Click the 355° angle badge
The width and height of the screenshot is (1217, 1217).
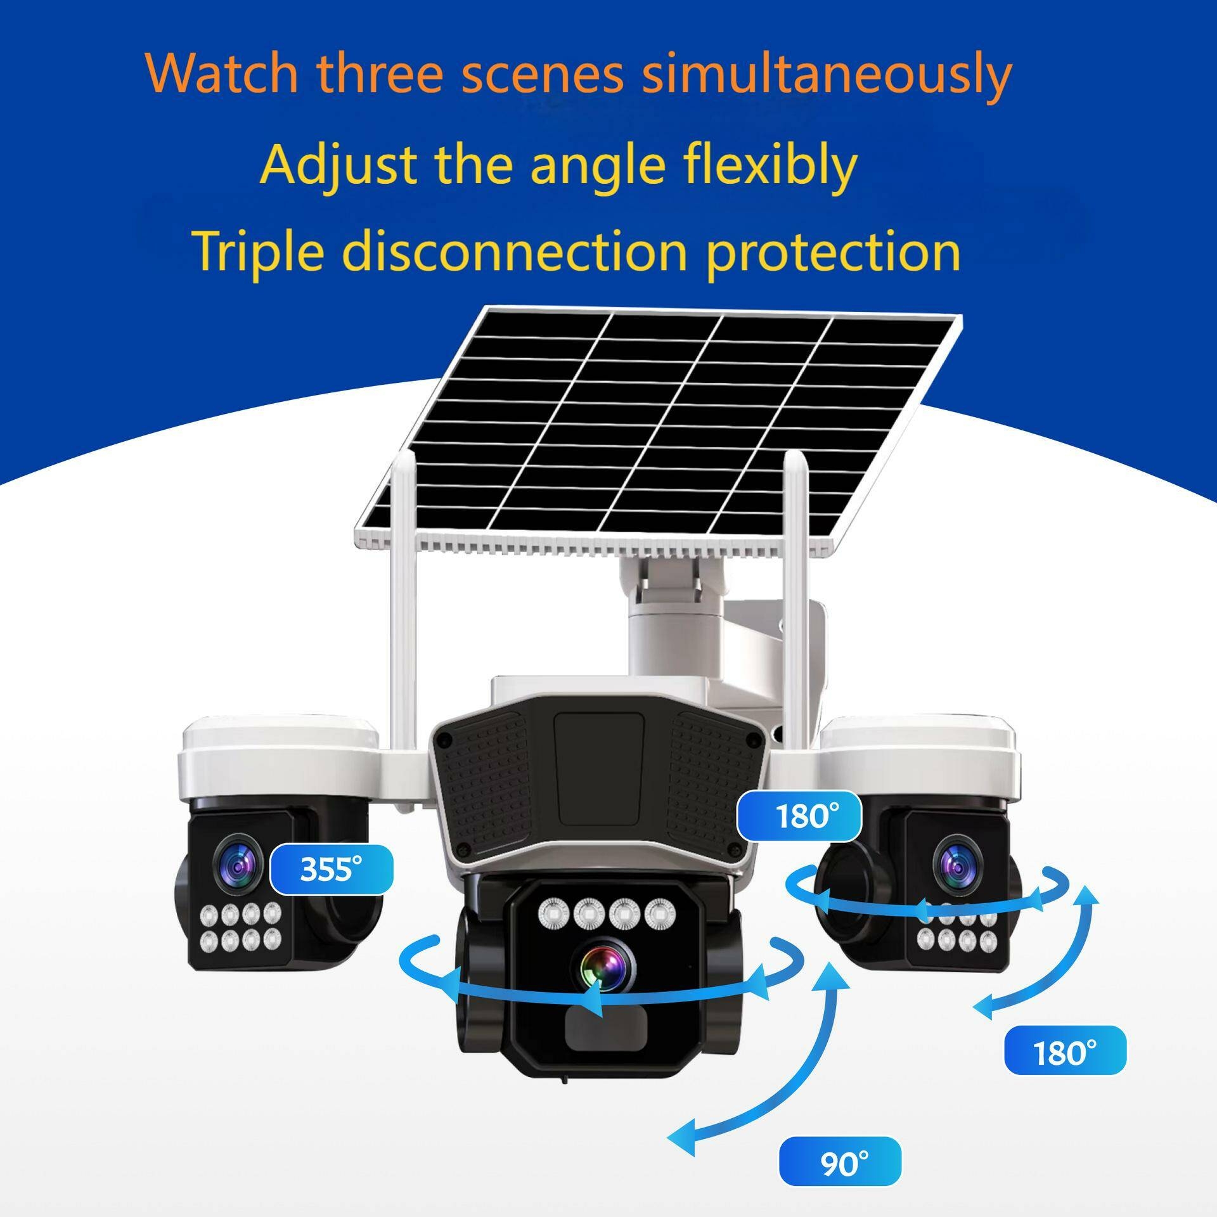(x=331, y=868)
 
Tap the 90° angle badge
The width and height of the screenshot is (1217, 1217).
(x=840, y=1163)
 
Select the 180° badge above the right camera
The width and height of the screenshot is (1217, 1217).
(x=801, y=816)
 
